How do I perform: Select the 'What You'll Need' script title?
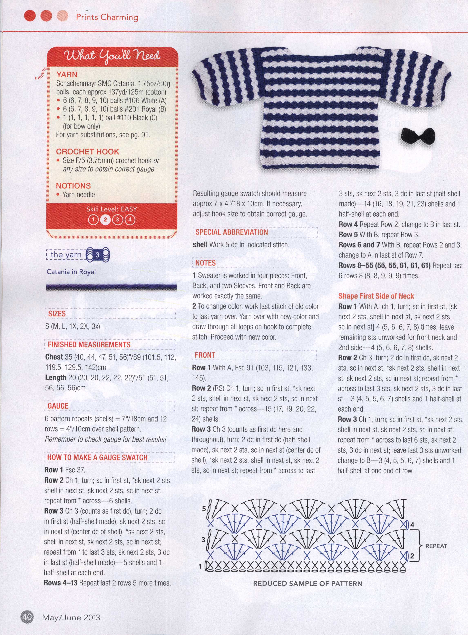pyautogui.click(x=113, y=56)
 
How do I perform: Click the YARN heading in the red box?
pyautogui.click(x=67, y=75)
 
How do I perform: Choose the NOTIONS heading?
pyautogui.click(x=73, y=186)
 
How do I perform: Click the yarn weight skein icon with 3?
pyautogui.click(x=97, y=255)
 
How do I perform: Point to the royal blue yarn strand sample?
pyautogui.click(x=111, y=287)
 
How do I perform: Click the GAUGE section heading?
pyautogui.click(x=58, y=406)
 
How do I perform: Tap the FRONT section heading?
pyautogui.click(x=205, y=355)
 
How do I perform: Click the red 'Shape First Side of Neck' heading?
pyautogui.click(x=376, y=296)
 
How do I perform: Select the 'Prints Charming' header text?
pyautogui.click(x=107, y=17)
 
